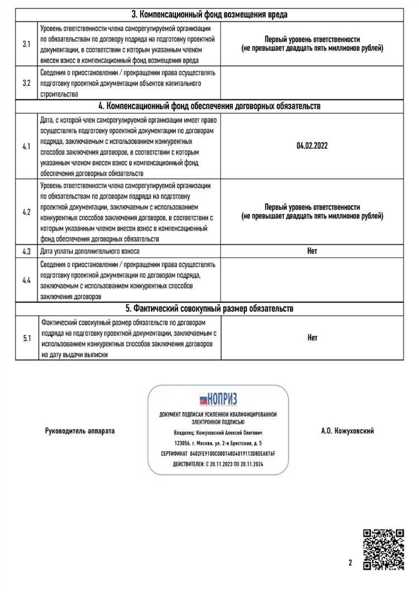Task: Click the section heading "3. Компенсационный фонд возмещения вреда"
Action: click(209, 15)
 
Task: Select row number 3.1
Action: click(26, 44)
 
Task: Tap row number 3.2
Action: click(26, 83)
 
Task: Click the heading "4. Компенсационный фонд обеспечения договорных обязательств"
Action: click(209, 106)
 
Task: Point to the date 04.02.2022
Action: click(312, 146)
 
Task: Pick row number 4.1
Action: click(26, 146)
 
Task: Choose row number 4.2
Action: click(26, 212)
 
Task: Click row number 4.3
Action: click(26, 251)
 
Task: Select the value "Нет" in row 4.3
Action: click(312, 251)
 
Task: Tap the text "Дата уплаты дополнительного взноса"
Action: click(90, 251)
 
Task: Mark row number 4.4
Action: click(26, 280)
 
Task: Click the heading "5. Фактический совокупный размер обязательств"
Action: click(209, 309)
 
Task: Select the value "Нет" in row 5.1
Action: click(312, 338)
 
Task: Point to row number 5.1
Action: click(26, 338)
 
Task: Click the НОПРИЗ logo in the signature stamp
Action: click(218, 399)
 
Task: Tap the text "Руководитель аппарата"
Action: click(79, 431)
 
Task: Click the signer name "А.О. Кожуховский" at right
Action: click(347, 431)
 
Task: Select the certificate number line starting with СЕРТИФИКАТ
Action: click(218, 454)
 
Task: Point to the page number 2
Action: click(350, 563)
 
